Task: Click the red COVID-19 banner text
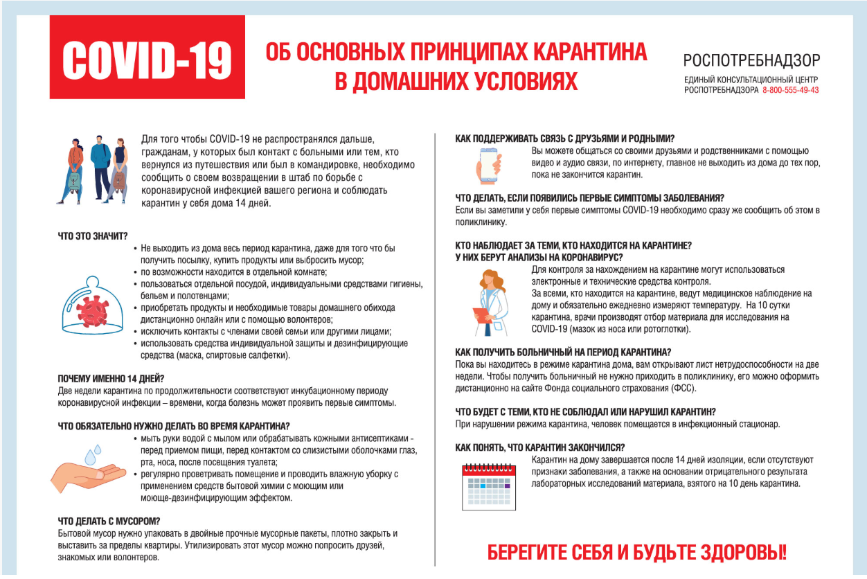pyautogui.click(x=147, y=60)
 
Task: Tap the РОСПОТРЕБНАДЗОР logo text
pyautogui.click(x=751, y=60)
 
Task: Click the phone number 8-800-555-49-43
pyautogui.click(x=790, y=90)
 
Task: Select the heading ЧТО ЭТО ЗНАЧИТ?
pyautogui.click(x=93, y=235)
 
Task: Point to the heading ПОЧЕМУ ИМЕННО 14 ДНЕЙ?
pyautogui.click(x=111, y=379)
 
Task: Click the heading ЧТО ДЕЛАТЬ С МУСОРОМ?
pyautogui.click(x=109, y=521)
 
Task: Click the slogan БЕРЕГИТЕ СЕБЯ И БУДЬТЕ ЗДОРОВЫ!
pyautogui.click(x=637, y=553)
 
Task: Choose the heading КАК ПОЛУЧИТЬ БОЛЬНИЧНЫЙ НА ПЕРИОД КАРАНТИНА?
pyautogui.click(x=563, y=352)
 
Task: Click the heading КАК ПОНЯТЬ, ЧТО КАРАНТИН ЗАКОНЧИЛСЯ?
pyautogui.click(x=540, y=447)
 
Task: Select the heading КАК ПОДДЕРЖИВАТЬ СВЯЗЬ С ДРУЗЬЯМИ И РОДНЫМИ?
pyautogui.click(x=565, y=139)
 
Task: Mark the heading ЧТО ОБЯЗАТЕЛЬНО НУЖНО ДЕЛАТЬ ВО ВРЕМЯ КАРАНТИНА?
pyautogui.click(x=173, y=426)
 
